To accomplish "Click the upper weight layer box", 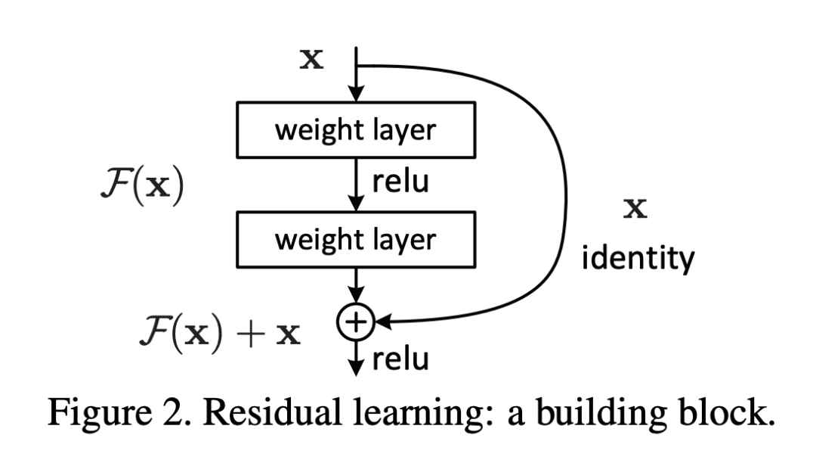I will [356, 129].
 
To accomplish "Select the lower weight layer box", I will [356, 239].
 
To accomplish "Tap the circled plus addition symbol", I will [355, 324].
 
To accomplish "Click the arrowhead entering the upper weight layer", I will [355, 94].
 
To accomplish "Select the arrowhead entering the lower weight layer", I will [355, 204].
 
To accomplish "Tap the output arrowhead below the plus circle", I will [355, 368].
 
